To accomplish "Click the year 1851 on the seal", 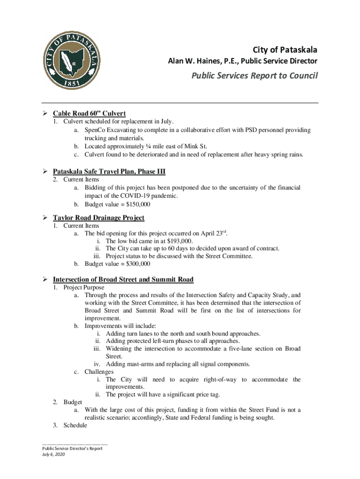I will (x=70, y=81).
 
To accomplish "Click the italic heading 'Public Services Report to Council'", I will (x=253, y=76).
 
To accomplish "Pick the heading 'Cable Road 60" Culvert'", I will (x=89, y=114).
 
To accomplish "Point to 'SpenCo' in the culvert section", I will (x=96, y=130).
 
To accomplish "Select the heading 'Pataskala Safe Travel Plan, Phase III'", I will (x=109, y=172).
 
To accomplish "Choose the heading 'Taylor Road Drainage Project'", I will (x=98, y=218).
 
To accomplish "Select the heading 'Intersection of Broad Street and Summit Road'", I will (x=123, y=280).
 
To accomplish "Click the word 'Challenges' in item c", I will (x=99, y=372).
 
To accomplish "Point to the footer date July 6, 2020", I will (x=52, y=454).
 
